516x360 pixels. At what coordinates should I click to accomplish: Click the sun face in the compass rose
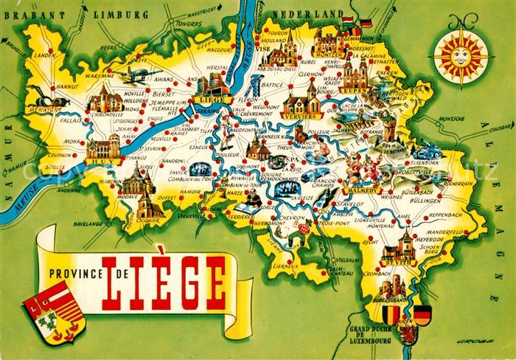(461, 54)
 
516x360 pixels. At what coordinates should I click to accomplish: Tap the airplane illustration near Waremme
(139, 75)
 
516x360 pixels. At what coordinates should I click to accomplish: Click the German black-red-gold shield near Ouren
(422, 314)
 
